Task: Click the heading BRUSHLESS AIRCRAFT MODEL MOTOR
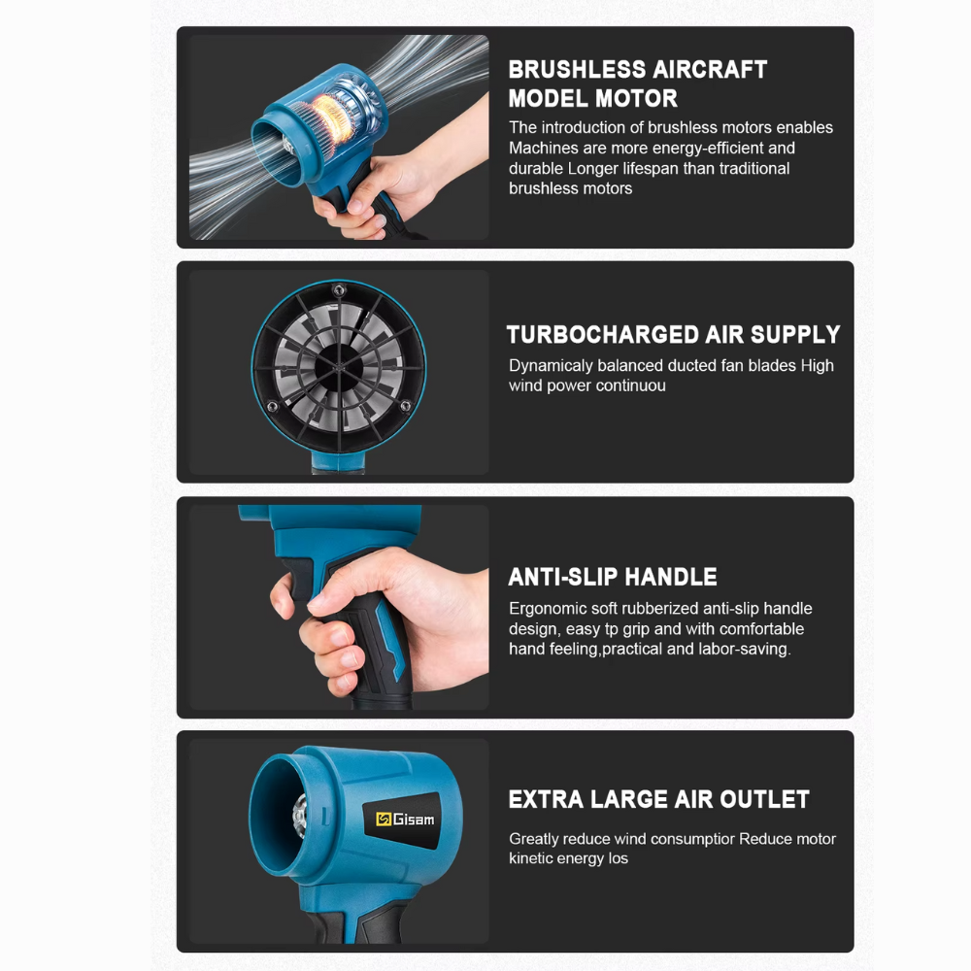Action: tap(637, 84)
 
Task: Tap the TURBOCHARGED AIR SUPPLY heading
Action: tap(673, 335)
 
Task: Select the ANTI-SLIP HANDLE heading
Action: tap(613, 577)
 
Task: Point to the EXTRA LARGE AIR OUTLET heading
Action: tap(658, 799)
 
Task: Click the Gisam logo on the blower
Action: tap(405, 820)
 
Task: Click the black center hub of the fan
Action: tap(339, 366)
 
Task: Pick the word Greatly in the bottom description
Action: tap(535, 839)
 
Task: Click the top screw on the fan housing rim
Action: tap(337, 290)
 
